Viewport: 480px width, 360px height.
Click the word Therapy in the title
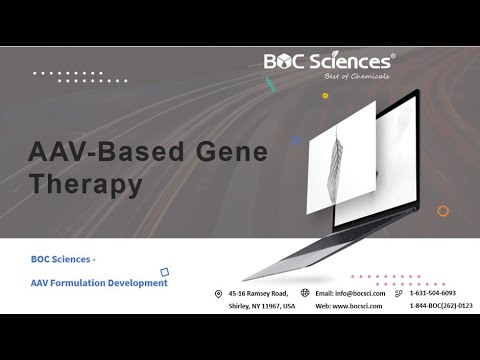[x=86, y=184]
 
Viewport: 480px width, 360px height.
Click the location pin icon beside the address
[x=218, y=293]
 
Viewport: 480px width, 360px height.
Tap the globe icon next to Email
[x=304, y=293]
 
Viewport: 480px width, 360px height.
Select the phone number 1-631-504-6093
[x=433, y=293]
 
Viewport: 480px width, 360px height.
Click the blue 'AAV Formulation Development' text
[x=99, y=283]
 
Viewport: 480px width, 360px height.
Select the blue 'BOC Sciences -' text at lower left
[x=63, y=259]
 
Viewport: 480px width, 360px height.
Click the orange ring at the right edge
[x=443, y=211]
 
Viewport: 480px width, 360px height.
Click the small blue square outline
[x=164, y=270]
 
